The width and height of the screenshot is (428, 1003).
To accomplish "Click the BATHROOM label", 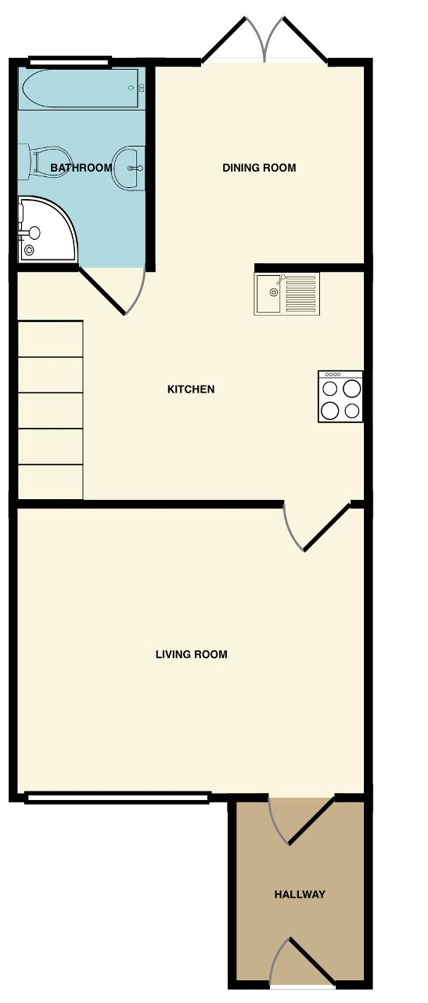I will pyautogui.click(x=81, y=168).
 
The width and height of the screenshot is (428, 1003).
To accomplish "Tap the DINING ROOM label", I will pyautogui.click(x=259, y=168).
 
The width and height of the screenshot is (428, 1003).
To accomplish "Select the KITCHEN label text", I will pyautogui.click(x=191, y=389).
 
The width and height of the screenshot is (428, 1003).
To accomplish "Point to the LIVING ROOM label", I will pyautogui.click(x=191, y=654).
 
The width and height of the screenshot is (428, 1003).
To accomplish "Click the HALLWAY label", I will pyautogui.click(x=300, y=894).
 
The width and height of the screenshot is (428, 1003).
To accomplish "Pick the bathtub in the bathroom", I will pyautogui.click(x=81, y=88).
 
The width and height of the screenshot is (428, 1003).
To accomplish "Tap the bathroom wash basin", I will pyautogui.click(x=129, y=167).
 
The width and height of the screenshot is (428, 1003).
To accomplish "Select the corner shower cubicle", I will pyautogui.click(x=45, y=228).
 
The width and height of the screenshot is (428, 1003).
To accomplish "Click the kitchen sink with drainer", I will pyautogui.click(x=286, y=294).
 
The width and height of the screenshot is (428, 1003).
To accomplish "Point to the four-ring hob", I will pyautogui.click(x=340, y=396).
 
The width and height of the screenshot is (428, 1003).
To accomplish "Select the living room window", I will pyautogui.click(x=117, y=798).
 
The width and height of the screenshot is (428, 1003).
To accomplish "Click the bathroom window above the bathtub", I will pyautogui.click(x=69, y=61).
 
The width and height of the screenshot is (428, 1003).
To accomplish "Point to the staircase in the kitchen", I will pyautogui.click(x=50, y=410).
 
